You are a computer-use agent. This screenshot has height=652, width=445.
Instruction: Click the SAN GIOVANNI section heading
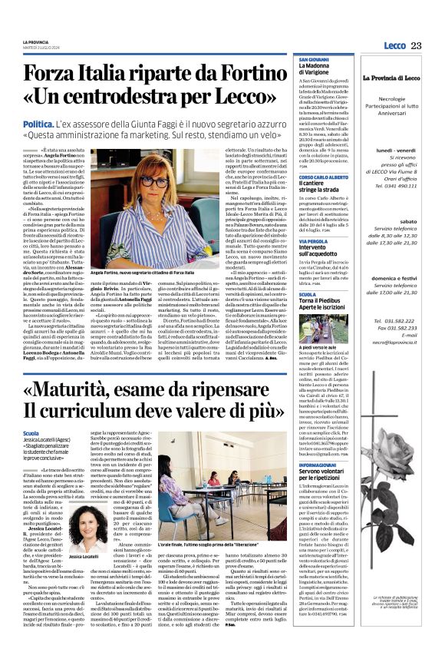click(314, 58)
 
